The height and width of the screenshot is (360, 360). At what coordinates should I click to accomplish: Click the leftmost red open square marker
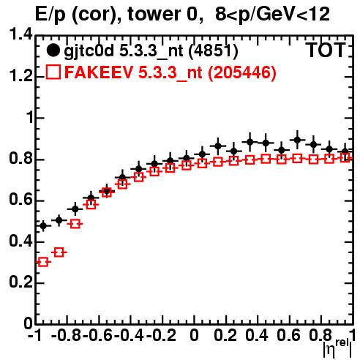point(43,262)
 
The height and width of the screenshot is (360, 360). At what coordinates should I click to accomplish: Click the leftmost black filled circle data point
point(43,226)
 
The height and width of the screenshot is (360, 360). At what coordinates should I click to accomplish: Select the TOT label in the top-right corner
point(326,50)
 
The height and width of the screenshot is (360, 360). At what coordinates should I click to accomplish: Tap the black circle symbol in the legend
point(53,50)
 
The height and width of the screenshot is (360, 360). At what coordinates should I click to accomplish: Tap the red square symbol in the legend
point(53,72)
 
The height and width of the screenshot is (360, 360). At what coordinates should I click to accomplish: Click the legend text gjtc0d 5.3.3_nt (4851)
point(151,51)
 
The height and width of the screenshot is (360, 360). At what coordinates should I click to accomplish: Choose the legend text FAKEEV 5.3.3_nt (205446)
point(170,72)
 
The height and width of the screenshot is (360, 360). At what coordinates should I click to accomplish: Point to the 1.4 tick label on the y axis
point(20,35)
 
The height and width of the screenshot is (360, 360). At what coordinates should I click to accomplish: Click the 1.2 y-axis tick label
point(20,76)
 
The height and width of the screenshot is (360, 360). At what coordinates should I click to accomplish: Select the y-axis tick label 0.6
point(20,200)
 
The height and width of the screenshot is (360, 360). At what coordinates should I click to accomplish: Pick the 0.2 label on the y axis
point(20,283)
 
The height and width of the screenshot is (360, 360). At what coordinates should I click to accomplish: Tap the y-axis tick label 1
point(29,118)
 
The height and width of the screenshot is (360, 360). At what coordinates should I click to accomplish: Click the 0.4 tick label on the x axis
point(257,335)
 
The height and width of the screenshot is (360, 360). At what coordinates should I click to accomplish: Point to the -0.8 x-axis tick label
point(67,335)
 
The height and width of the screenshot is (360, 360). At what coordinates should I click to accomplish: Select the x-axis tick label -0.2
point(161,335)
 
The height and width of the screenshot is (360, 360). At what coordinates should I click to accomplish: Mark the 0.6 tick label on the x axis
point(288,335)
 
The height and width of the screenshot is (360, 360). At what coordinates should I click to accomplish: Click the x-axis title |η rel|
point(337,348)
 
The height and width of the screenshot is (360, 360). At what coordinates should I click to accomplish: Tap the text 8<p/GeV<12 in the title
point(272,15)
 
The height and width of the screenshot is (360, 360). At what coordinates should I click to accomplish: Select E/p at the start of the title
point(50,15)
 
